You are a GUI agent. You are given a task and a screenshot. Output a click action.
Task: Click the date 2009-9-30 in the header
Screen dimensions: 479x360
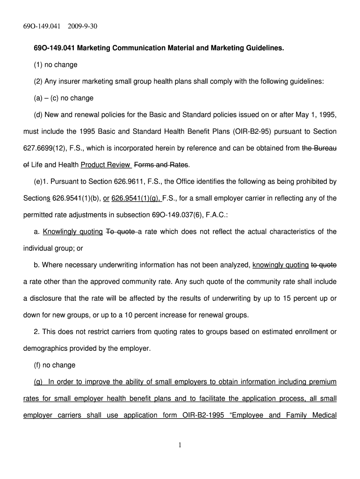point(81,26)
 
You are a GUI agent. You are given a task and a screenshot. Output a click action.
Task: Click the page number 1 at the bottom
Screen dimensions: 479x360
point(180,445)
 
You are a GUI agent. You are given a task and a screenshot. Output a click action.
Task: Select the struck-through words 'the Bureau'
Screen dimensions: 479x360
point(319,148)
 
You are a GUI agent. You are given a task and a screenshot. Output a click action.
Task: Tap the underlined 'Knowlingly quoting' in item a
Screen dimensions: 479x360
point(73,232)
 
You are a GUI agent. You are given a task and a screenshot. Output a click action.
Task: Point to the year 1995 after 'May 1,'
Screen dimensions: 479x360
point(327,115)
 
